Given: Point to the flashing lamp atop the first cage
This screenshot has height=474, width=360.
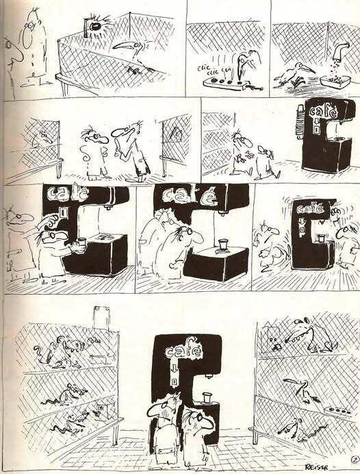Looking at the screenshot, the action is (94, 27).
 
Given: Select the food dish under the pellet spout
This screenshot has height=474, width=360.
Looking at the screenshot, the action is (335, 82).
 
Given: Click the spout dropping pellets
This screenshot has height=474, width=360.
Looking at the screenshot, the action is (340, 51).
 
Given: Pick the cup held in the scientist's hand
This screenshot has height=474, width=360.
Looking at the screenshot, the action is (81, 244).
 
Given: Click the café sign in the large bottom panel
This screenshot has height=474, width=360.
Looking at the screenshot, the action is (183, 351).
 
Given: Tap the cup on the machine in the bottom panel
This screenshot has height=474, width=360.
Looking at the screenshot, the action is (206, 398).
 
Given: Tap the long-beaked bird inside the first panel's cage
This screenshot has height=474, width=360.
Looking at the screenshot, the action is (130, 51).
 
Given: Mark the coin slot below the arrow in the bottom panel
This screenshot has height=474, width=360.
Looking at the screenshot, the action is (175, 382).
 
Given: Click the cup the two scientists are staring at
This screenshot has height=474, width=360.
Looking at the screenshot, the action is (223, 245).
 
